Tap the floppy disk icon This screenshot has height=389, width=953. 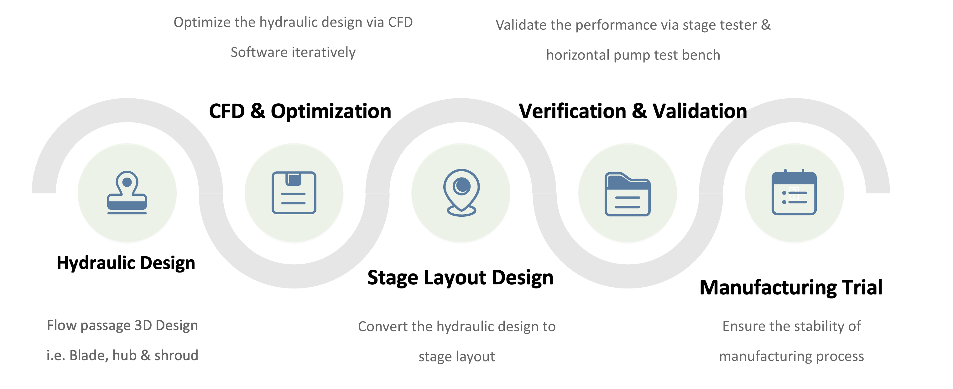(294, 193)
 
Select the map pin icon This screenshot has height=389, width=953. (461, 193)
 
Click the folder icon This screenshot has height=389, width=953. (628, 194)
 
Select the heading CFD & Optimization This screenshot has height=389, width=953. (300, 111)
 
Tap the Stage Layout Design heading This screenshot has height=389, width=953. (460, 278)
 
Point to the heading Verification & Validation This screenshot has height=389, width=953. (633, 111)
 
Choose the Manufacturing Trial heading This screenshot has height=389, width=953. (791, 288)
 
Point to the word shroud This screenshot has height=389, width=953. (176, 355)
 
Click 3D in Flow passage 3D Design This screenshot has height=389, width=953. (143, 325)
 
